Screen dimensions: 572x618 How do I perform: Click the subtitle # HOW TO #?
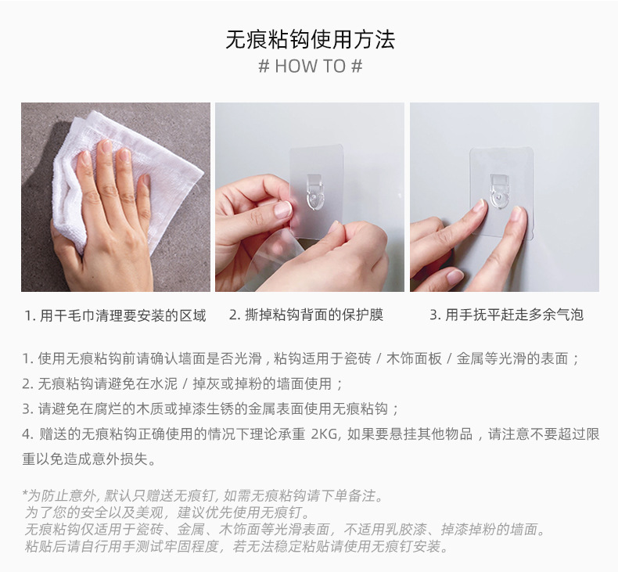click(310, 67)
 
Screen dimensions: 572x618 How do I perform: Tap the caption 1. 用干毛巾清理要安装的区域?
click(115, 315)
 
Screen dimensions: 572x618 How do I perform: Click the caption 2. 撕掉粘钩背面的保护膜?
click(306, 315)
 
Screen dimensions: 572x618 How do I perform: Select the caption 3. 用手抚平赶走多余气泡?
click(506, 315)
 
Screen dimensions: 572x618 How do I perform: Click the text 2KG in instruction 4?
click(325, 434)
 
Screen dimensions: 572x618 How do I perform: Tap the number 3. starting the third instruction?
click(27, 408)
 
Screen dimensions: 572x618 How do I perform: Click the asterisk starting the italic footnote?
click(27, 495)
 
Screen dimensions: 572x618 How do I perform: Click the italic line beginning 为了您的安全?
click(168, 513)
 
